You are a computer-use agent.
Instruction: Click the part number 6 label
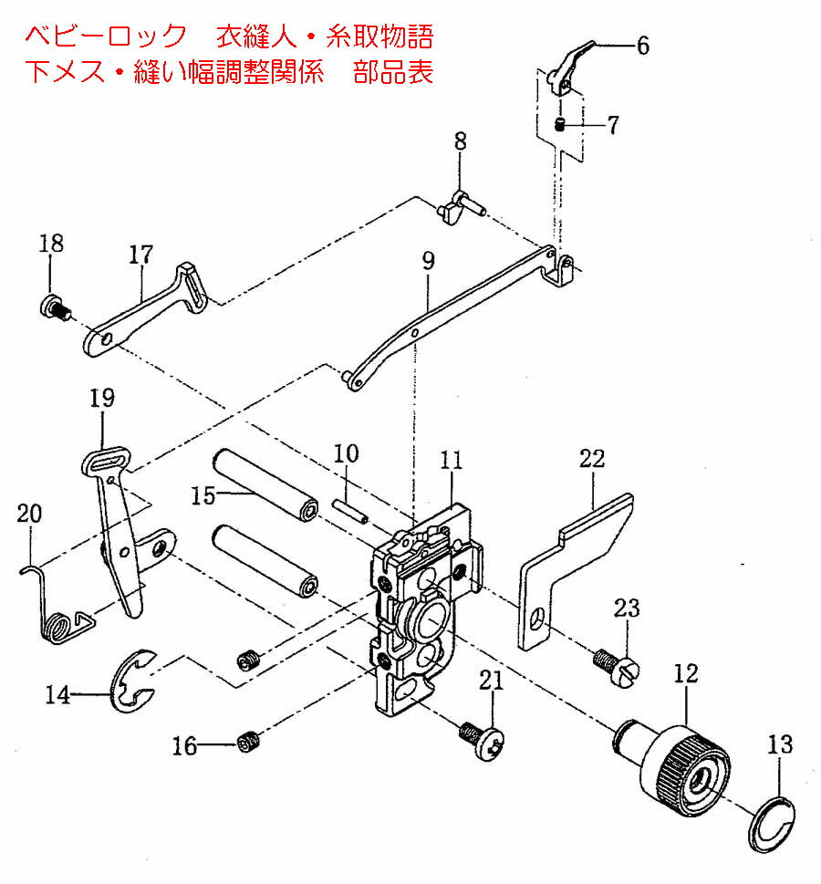pos(643,46)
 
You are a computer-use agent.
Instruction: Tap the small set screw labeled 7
pos(562,125)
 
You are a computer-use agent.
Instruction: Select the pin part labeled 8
pos(457,208)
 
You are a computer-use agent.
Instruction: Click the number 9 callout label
pos(428,261)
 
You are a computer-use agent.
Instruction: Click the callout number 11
pos(452,460)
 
